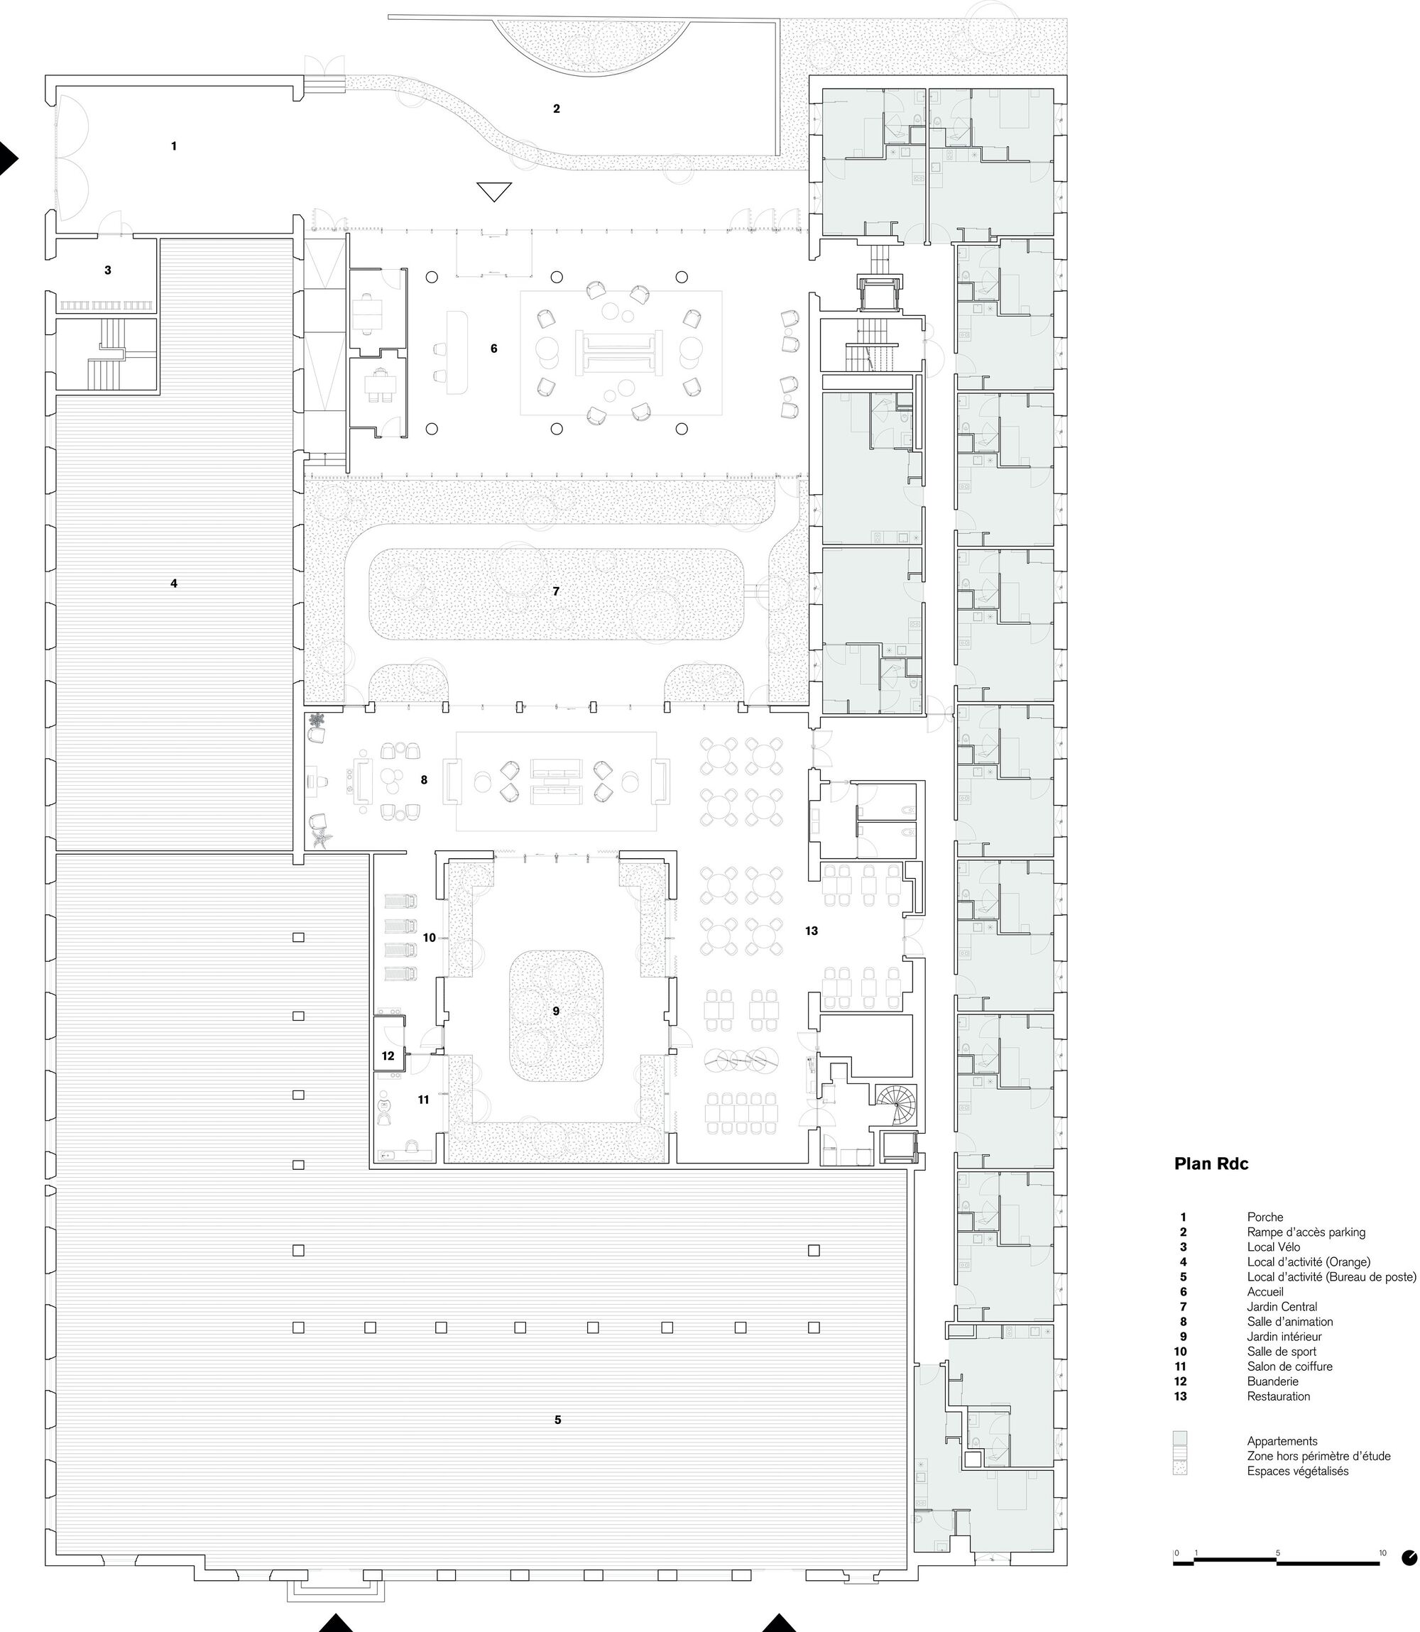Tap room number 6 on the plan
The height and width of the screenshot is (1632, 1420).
[493, 349]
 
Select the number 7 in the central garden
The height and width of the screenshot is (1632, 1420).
[556, 591]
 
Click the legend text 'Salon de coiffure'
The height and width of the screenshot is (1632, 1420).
[1289, 1367]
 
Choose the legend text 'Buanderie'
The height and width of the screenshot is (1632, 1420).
[1272, 1381]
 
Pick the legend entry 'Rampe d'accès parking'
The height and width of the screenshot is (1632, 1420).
[1306, 1232]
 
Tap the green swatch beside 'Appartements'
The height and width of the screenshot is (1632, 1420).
[1180, 1440]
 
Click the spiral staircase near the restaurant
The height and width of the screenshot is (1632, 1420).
[896, 1104]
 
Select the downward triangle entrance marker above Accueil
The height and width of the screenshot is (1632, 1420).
[494, 192]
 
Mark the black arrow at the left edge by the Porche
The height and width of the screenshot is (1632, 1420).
[8, 158]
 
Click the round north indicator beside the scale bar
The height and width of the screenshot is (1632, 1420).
[1409, 1558]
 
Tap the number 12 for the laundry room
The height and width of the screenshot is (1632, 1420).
[388, 1056]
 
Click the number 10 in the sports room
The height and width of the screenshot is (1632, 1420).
[430, 938]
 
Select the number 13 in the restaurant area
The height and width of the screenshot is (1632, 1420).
[812, 931]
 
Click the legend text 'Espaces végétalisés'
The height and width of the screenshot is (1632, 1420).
[1298, 1471]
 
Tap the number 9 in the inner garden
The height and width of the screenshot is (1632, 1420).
[556, 1011]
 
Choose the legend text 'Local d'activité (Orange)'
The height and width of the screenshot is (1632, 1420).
[1309, 1262]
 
